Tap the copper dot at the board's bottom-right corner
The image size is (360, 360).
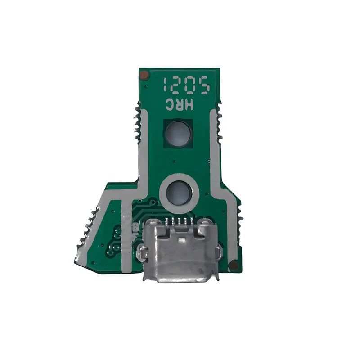pos(233,266)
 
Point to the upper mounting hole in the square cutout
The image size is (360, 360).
pos(179,133)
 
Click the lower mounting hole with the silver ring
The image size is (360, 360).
pos(179,193)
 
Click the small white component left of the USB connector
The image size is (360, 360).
pos(134,229)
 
